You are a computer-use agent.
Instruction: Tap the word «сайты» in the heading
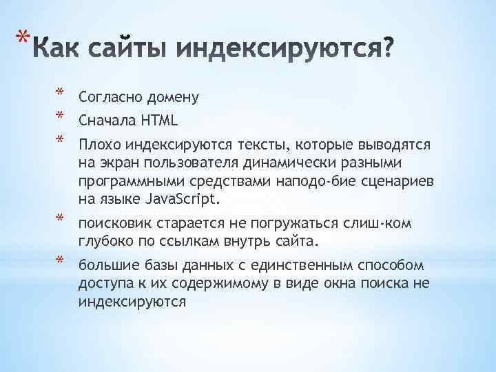[x=132, y=49]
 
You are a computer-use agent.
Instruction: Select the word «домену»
[x=172, y=97]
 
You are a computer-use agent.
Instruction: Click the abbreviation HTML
[x=160, y=121]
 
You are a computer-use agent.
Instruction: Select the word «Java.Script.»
[x=183, y=200]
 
